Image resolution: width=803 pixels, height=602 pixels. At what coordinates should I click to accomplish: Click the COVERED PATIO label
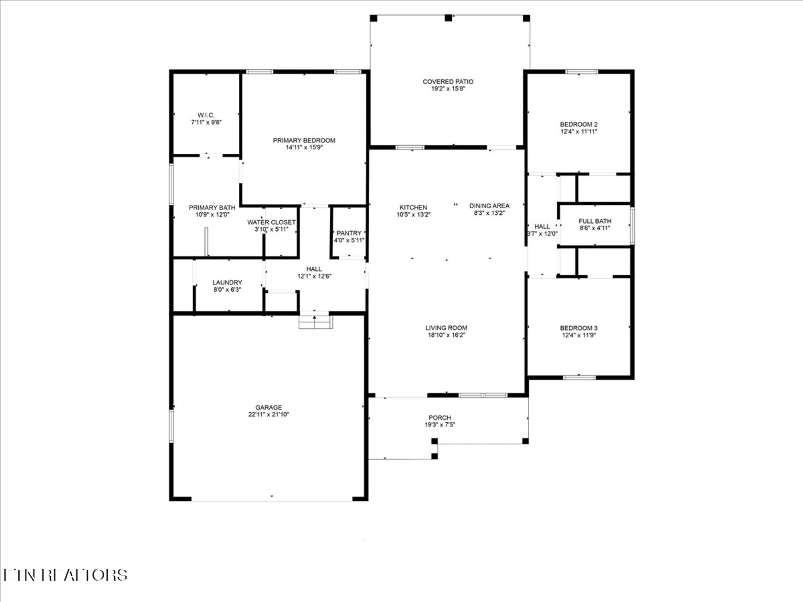tap(448, 81)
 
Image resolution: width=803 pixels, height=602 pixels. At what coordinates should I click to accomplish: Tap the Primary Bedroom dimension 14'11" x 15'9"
tap(304, 147)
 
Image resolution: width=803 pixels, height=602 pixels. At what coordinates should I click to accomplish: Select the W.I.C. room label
tap(206, 115)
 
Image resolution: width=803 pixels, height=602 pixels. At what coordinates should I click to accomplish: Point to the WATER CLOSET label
tap(271, 222)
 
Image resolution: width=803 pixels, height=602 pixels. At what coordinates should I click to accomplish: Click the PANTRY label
tap(349, 233)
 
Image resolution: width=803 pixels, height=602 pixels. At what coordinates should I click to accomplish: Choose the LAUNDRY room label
tap(227, 282)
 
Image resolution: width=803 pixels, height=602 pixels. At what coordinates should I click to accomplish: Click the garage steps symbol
tap(316, 322)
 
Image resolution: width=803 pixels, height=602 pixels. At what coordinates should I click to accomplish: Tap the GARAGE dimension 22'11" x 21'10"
tap(269, 414)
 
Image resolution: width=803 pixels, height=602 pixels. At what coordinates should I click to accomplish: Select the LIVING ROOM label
tap(446, 327)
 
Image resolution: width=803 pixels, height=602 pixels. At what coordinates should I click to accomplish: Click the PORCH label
tap(440, 417)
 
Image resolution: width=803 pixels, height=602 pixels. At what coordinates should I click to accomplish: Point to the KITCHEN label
tap(413, 207)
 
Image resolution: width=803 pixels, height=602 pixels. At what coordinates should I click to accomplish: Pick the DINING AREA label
tap(489, 205)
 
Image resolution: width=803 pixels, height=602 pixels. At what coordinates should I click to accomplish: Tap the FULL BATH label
tap(595, 221)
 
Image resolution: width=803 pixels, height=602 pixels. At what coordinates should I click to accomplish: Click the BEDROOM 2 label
tap(579, 124)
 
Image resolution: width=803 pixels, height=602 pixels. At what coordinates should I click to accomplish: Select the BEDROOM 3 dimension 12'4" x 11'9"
tap(579, 335)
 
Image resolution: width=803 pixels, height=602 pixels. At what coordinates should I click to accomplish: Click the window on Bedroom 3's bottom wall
tap(579, 377)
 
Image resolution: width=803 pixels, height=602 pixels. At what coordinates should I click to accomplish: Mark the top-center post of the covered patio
tap(448, 18)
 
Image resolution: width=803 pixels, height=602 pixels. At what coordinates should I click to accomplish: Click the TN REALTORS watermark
tap(65, 575)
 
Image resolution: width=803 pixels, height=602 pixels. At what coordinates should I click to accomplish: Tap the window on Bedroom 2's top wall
tap(581, 72)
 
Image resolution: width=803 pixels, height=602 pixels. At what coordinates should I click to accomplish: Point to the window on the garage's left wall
tap(171, 426)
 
